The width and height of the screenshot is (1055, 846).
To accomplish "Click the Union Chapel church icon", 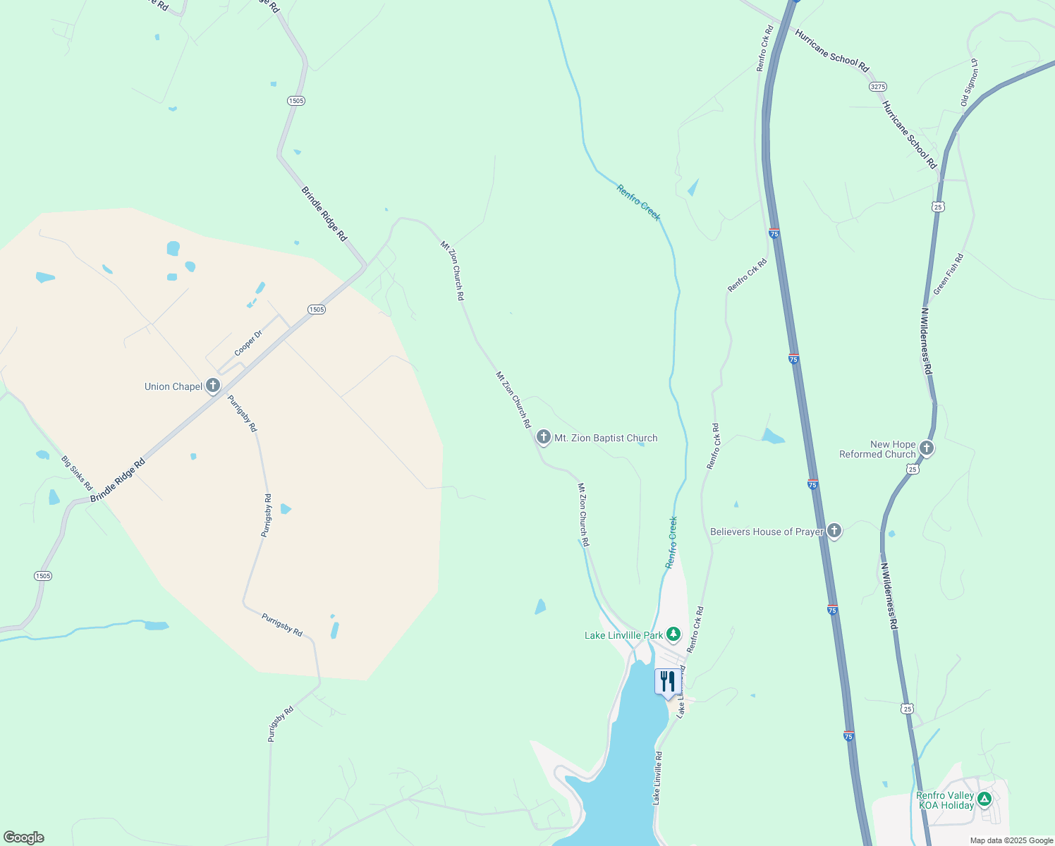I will (x=213, y=386).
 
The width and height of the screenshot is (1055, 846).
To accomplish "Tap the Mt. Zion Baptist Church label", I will (x=606, y=438).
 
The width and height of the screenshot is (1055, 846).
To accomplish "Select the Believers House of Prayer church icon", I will (x=834, y=531).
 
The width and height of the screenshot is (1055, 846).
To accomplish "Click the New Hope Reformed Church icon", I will (x=927, y=448).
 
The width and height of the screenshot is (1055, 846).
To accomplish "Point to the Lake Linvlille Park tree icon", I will (x=673, y=634).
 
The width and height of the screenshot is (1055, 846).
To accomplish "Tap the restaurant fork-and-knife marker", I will (x=667, y=682).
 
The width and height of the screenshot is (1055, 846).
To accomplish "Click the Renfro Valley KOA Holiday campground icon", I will (x=984, y=799).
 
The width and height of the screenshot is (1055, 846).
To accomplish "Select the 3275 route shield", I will (x=877, y=86).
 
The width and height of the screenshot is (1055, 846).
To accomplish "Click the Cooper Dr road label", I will (x=248, y=343).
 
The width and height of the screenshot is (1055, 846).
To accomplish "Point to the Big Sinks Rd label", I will (x=77, y=473).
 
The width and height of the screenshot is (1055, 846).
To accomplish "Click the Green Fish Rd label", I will (x=948, y=274).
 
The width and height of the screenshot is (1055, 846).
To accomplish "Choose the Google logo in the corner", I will (x=23, y=838).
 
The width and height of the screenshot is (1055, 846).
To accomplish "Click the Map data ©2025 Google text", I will (x=1011, y=840).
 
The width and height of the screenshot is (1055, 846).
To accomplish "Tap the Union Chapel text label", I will (x=173, y=386).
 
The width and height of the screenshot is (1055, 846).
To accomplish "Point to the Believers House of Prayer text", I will (x=767, y=532).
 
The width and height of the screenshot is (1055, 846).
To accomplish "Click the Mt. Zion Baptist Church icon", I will (x=543, y=438).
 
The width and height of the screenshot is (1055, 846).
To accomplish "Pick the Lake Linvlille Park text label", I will (x=623, y=635).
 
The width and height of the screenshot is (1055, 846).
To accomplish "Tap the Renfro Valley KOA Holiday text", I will (x=945, y=800).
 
